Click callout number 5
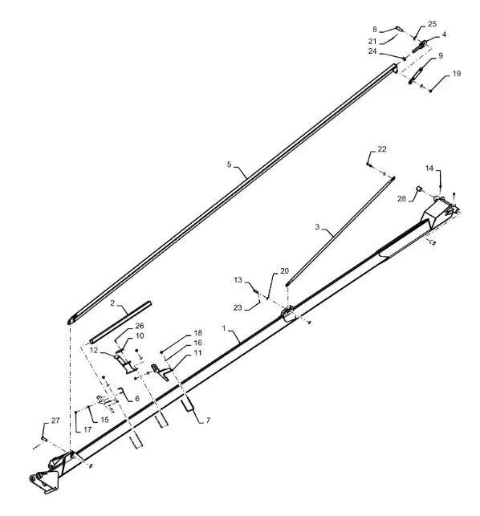229,165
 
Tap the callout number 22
382,149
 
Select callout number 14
429,169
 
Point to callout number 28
401,198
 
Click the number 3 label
317,227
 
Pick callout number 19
457,73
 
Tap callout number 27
55,421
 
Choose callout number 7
208,421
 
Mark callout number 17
87,429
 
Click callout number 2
112,303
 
